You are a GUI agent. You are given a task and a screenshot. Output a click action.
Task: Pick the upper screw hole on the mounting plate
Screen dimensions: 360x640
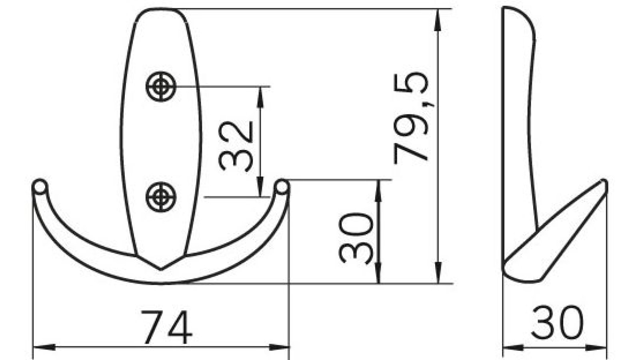coord(161,86)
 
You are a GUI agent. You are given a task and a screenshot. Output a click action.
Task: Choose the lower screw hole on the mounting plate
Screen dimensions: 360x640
coord(161,197)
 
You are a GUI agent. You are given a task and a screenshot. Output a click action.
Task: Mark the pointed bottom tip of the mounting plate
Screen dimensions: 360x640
coord(161,269)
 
